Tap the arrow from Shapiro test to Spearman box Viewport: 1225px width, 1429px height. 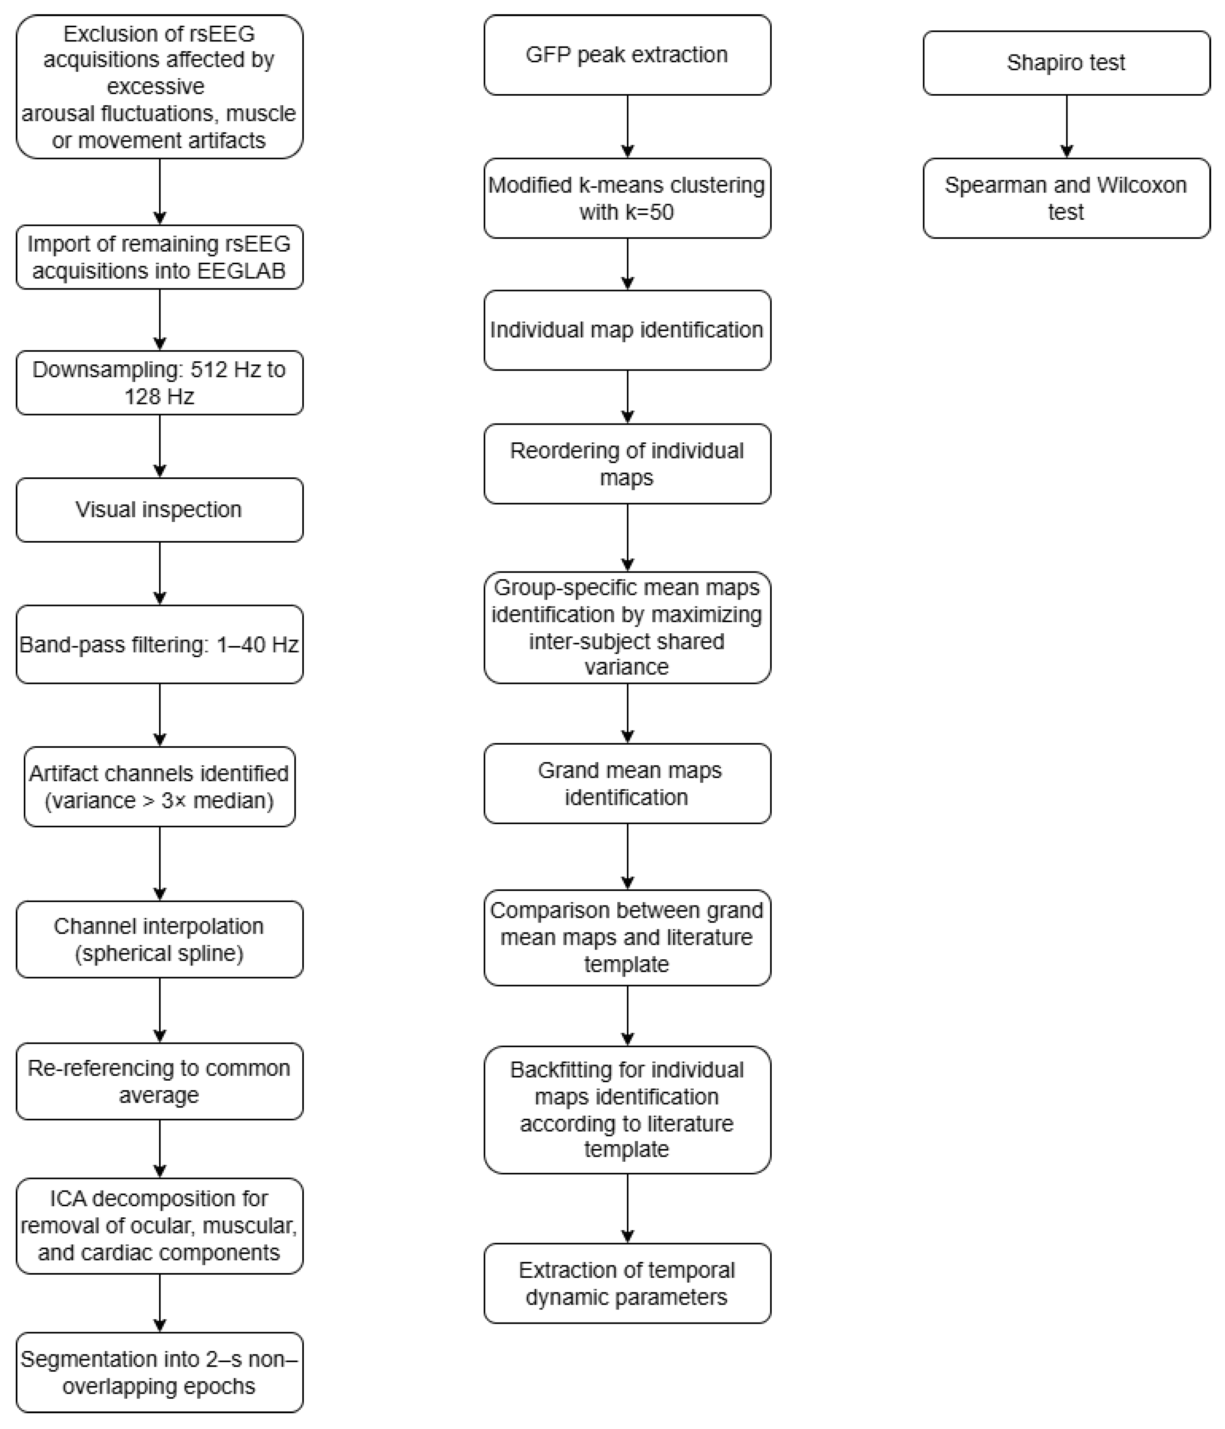[1066, 126]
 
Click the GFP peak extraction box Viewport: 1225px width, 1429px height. [627, 55]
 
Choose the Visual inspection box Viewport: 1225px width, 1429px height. [159, 510]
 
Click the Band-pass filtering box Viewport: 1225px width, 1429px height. [159, 645]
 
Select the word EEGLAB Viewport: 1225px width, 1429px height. [241, 271]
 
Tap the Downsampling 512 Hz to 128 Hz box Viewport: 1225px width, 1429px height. [159, 383]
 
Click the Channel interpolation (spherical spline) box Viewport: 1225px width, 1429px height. [159, 939]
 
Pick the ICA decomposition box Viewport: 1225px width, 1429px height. [159, 1225]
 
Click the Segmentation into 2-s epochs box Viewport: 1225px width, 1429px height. [159, 1373]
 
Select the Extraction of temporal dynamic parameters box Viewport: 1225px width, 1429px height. [627, 1283]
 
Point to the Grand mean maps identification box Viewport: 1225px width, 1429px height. [627, 783]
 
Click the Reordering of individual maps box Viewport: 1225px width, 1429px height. [627, 464]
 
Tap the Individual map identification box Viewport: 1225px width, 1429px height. [627, 330]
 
